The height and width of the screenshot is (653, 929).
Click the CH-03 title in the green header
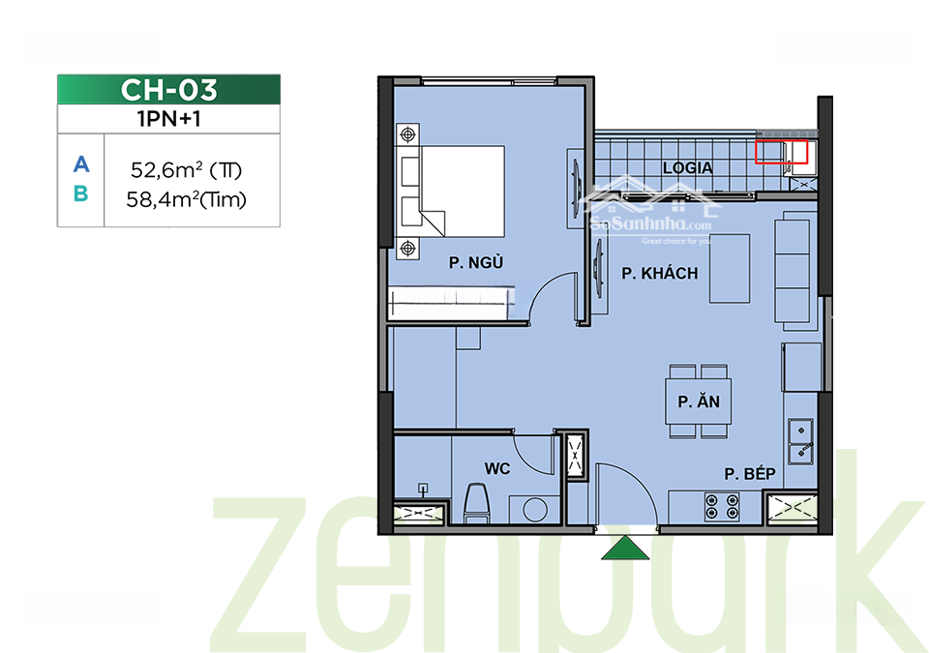point(168,90)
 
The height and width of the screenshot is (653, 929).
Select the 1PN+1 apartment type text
point(168,119)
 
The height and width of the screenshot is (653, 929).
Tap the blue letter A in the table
point(81,164)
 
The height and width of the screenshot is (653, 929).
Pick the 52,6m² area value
point(186,170)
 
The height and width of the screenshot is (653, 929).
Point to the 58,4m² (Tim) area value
point(186,199)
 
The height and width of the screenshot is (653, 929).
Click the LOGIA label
point(687,168)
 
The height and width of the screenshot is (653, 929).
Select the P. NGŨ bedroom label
point(476,262)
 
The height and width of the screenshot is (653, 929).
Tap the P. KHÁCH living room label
point(659,273)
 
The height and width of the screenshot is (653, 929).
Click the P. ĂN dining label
point(699,401)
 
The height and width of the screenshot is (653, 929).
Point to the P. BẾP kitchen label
point(749,474)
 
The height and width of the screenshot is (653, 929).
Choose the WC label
point(497,469)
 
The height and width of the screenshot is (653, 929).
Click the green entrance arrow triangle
point(625,549)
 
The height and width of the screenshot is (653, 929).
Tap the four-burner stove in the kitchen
point(722,507)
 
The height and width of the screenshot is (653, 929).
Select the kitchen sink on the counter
point(800,441)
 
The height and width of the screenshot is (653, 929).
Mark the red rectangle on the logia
point(782,152)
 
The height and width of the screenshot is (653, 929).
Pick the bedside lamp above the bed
point(407,134)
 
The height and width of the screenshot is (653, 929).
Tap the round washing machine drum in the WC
point(535,510)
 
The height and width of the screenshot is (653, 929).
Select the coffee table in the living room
point(730,268)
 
